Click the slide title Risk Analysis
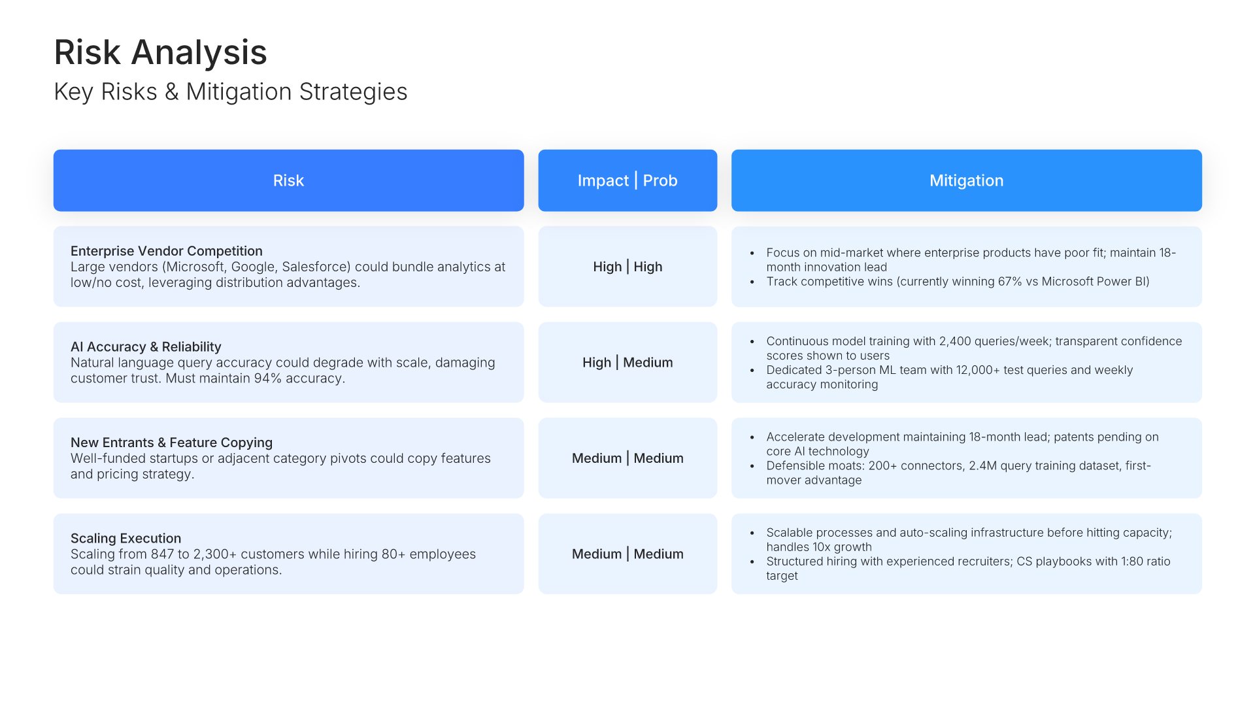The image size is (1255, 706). tap(160, 52)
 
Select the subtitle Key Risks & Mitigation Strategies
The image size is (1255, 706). tap(231, 92)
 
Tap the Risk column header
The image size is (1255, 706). tap(288, 180)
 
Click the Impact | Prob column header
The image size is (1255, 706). tap(627, 180)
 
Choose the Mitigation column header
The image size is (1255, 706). tap(966, 180)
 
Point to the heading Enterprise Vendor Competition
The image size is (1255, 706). tap(167, 251)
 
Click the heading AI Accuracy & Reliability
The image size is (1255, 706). tap(146, 346)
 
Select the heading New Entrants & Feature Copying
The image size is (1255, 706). tap(171, 443)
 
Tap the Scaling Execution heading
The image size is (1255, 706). tap(125, 538)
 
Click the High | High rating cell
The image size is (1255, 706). tap(627, 267)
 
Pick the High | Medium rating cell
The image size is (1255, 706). tap(627, 362)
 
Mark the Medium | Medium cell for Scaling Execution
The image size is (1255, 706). tap(627, 554)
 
